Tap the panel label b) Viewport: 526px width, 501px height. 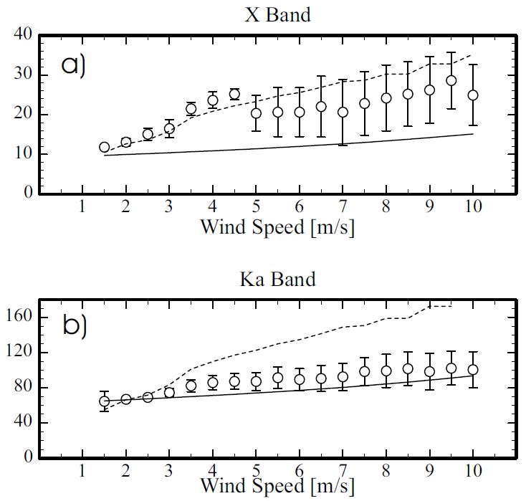click(75, 327)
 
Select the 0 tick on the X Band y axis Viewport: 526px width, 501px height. click(29, 194)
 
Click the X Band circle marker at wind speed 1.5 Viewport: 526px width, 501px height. click(105, 147)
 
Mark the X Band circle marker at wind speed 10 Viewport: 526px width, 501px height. click(473, 95)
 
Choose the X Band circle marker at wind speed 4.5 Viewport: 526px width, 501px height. click(234, 94)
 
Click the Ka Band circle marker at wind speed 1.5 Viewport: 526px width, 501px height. click(105, 401)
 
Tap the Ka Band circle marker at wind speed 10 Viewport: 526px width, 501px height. click(473, 370)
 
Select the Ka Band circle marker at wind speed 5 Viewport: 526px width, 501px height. click(256, 381)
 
